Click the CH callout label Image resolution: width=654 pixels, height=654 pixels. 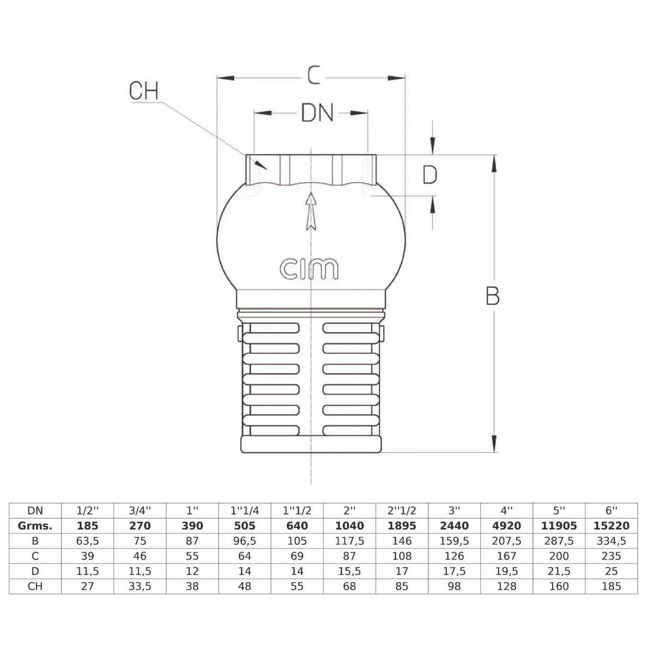point(144,90)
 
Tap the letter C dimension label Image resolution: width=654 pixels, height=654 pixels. point(313,75)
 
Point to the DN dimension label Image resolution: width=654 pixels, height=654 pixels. point(317,113)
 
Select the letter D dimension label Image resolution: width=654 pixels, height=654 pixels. point(430,175)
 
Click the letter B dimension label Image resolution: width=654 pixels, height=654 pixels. point(493,295)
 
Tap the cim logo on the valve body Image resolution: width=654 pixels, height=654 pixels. point(309,269)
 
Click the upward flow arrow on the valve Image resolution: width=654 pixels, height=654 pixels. point(311,211)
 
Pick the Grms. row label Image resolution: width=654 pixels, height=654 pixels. point(35,526)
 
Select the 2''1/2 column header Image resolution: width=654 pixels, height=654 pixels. point(402,511)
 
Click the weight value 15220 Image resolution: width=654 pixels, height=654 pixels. point(611,526)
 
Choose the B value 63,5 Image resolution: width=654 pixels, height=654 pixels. point(88,541)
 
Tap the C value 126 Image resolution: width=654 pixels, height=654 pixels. point(454,556)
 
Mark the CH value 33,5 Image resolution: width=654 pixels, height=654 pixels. point(140,586)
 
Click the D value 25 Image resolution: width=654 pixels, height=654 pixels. point(611,571)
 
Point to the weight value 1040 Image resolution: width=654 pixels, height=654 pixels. point(349,526)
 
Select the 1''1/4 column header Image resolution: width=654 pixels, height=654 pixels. point(245,511)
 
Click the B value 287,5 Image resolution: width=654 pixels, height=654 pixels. point(559,541)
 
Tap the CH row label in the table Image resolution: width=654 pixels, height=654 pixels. point(35,586)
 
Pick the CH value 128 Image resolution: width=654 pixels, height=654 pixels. point(507,586)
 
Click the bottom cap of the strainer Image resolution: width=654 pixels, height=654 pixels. point(311,444)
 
